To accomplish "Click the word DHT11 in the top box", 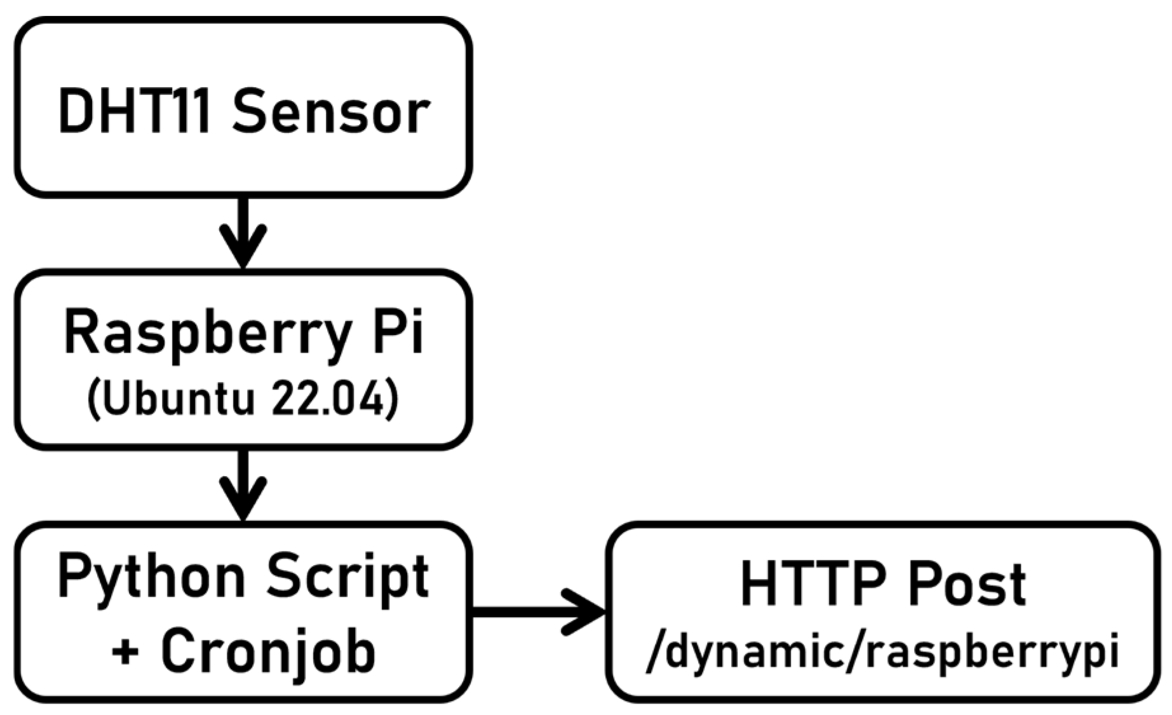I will point(133,112).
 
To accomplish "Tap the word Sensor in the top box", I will point(331,112).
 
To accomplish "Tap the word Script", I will point(347,577).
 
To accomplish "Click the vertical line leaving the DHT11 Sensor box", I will point(243,216).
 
